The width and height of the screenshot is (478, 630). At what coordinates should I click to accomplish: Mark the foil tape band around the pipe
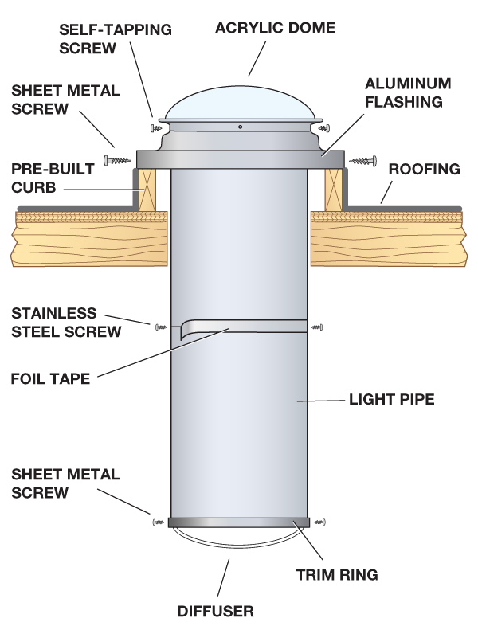(x=239, y=325)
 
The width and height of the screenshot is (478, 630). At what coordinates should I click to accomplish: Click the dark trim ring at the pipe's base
(x=239, y=522)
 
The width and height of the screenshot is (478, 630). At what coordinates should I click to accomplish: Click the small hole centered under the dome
(x=240, y=127)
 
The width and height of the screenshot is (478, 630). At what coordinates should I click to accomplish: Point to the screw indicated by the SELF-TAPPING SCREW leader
(x=155, y=127)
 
